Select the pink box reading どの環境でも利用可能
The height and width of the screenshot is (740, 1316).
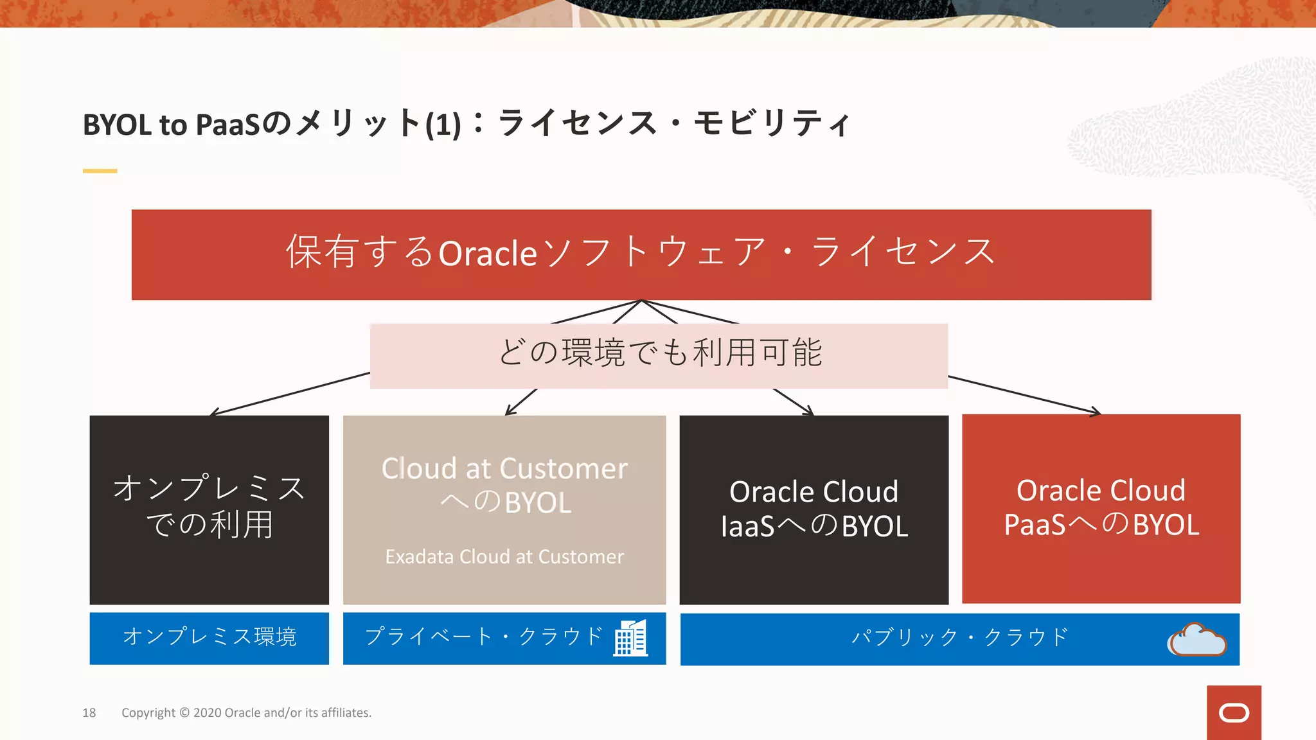tap(659, 355)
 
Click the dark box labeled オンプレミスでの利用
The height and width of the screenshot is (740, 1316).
tap(209, 509)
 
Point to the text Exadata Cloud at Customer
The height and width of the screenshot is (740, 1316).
tap(504, 556)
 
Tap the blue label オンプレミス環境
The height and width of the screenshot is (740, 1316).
tap(209, 637)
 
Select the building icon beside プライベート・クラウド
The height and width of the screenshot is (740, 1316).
tap(630, 638)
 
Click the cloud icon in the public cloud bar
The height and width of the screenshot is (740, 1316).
tap(1197, 640)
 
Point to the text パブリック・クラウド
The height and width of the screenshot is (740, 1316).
tap(959, 637)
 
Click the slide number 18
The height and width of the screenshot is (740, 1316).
tap(89, 712)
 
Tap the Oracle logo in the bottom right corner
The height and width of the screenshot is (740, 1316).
tap(1234, 713)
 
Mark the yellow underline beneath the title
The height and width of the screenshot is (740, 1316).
tap(100, 171)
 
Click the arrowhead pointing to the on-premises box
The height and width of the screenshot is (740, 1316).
tap(213, 413)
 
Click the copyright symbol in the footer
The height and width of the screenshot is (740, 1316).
tap(184, 712)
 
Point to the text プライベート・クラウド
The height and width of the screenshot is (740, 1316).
tap(483, 637)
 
